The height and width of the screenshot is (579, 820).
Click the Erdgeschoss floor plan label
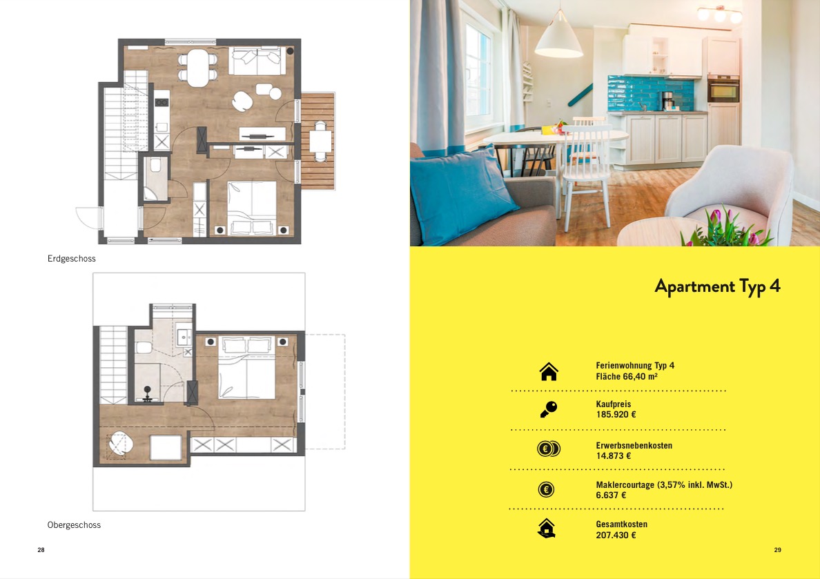72,258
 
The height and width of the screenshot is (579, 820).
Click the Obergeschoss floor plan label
74,525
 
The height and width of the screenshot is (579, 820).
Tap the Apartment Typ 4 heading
717,286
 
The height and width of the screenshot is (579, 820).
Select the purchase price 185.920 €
616,415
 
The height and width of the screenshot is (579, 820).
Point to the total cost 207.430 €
616,535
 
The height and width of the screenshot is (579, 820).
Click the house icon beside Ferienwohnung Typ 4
549,371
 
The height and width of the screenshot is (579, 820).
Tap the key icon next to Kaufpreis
549,409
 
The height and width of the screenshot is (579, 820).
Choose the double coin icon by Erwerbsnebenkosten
549,449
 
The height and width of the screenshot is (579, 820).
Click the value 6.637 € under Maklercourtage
611,495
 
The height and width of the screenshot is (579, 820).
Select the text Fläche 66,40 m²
627,377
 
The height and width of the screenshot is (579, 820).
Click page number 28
41,550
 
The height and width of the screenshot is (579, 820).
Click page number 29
778,550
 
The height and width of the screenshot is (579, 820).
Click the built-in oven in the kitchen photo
723,89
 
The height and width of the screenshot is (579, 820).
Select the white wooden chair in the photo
586,170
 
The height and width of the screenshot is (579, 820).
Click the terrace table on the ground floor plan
320,141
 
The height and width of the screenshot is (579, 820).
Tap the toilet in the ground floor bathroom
155,165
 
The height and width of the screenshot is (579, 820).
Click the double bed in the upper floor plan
246,368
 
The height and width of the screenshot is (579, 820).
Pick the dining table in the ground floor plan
197,68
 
